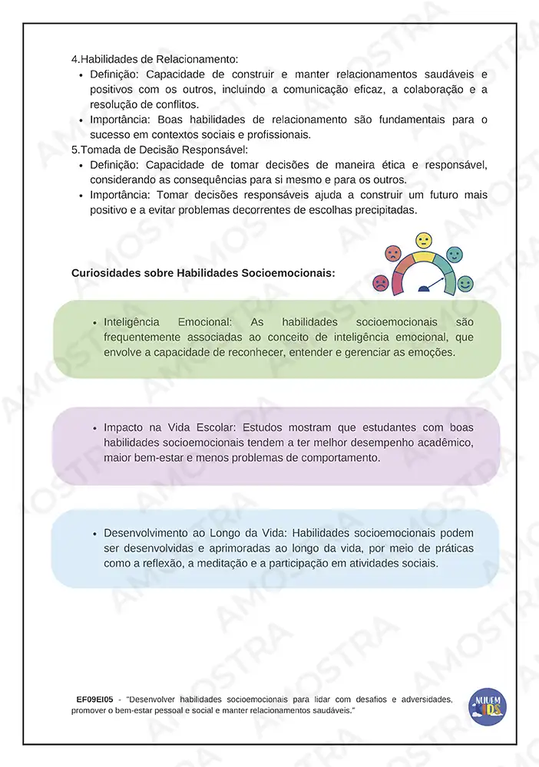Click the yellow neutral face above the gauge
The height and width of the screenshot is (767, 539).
pos(424,241)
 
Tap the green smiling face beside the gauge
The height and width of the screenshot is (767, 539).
pos(465,285)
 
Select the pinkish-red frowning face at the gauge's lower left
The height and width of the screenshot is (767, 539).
pos(380,283)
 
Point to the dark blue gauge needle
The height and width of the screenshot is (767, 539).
pos(432,286)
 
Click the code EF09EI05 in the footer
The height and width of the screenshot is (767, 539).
pos(94,700)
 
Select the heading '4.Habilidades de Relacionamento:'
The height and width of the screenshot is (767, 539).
pos(154,59)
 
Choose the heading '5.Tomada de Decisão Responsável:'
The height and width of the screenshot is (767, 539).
pos(159,150)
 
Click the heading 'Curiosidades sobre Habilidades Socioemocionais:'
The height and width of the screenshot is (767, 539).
pos(203,272)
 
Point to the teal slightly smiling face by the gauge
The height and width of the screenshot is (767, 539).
pos(454,253)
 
